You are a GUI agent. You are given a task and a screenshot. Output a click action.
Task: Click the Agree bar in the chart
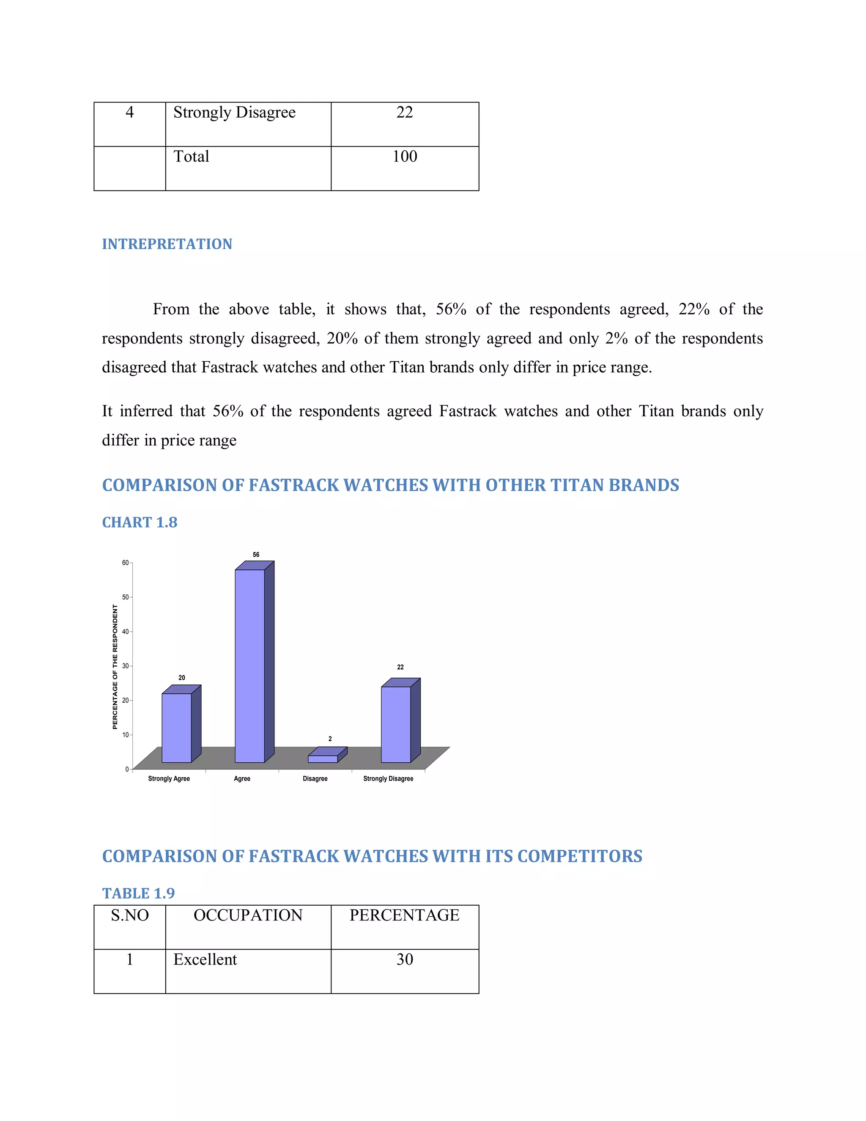[x=250, y=665]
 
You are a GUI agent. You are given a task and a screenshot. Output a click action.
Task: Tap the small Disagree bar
[x=323, y=758]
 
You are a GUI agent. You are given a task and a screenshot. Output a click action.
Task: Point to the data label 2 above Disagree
[x=330, y=739]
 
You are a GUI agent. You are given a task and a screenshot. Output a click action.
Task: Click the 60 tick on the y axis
[x=125, y=563]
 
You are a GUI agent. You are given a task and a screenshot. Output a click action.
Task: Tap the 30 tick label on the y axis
[x=125, y=666]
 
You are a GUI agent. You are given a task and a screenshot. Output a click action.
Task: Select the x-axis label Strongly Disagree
[x=388, y=779]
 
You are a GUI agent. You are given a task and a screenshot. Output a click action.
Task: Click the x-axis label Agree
[x=242, y=779]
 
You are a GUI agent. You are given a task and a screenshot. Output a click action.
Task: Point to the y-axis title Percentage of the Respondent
[x=115, y=666]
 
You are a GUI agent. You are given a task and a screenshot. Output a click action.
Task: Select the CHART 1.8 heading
[x=140, y=522]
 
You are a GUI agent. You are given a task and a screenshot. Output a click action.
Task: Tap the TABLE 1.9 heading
[x=139, y=893]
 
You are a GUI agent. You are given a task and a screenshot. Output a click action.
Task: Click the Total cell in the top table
[x=192, y=157]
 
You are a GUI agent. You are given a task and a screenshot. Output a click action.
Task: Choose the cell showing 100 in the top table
[x=405, y=157]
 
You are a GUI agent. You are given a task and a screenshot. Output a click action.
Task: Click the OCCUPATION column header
[x=248, y=915]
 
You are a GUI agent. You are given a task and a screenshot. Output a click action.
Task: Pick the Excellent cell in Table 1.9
[x=205, y=959]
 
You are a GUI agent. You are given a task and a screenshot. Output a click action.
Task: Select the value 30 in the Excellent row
[x=405, y=959]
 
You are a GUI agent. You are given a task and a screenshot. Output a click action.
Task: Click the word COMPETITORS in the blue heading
[x=580, y=856]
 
